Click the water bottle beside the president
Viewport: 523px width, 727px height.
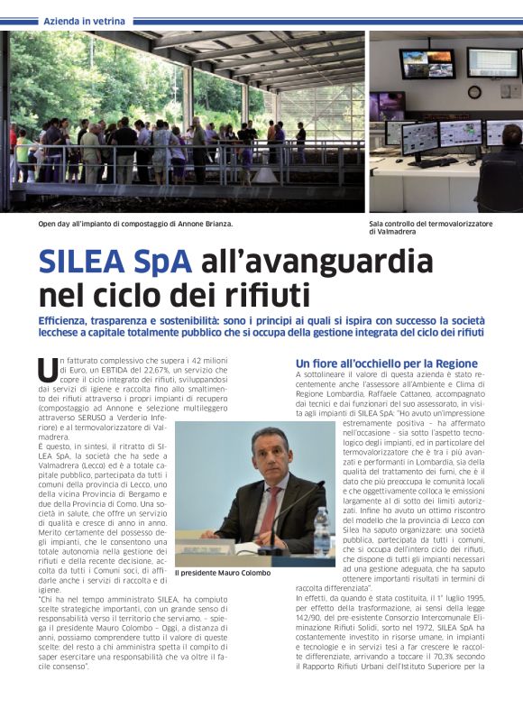(321, 531)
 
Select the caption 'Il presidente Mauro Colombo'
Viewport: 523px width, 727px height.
(223, 573)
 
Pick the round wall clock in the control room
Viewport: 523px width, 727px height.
(474, 91)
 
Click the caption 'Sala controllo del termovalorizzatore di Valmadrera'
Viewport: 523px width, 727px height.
(430, 227)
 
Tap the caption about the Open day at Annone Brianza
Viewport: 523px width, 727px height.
(134, 223)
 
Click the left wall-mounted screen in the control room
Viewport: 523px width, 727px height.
(427, 64)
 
